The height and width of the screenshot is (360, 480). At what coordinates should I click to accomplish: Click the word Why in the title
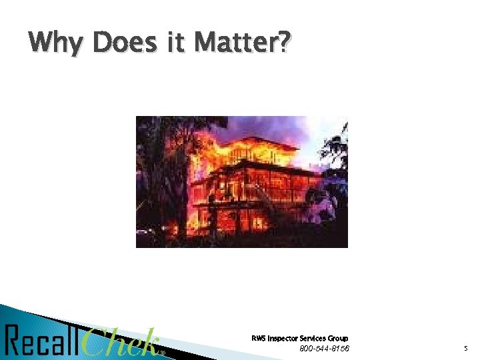tap(57, 44)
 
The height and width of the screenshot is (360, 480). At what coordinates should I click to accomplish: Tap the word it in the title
tap(175, 43)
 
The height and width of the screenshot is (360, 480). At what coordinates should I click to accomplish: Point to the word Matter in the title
tap(233, 43)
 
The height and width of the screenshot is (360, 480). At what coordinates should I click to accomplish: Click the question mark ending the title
tap(285, 43)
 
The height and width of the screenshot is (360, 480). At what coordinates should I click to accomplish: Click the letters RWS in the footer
tap(259, 338)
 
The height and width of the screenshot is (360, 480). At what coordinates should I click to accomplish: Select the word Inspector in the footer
tap(283, 338)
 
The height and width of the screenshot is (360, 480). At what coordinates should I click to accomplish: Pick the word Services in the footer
tap(314, 338)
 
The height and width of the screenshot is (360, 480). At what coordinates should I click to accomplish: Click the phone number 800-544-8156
tap(324, 348)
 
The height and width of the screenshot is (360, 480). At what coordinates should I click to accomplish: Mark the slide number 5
tap(466, 349)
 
